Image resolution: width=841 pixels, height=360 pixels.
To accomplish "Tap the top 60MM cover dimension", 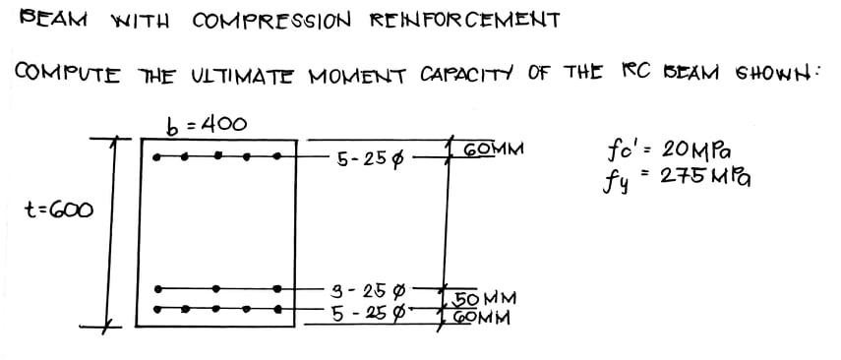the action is click(492, 150).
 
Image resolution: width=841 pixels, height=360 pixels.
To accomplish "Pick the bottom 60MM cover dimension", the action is click(481, 318).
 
